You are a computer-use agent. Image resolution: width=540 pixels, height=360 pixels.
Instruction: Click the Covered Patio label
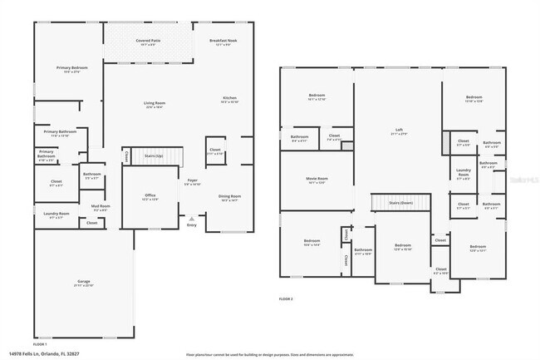coord(148,40)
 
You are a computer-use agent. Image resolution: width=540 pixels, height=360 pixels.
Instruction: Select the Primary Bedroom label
coord(73,68)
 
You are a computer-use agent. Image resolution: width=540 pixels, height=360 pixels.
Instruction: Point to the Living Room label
coord(155,103)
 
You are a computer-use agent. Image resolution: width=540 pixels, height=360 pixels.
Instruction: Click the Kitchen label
coord(229,98)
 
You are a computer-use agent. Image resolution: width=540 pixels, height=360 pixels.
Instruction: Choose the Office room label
coord(150,196)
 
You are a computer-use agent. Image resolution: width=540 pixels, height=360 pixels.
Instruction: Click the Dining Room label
coord(229,197)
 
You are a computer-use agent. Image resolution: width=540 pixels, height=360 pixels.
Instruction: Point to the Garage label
coord(83,284)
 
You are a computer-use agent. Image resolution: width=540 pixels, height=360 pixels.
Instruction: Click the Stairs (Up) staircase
coord(154,155)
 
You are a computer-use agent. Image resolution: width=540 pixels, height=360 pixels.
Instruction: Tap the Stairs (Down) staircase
coord(400,203)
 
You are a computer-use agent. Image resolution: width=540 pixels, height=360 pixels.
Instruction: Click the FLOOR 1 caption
coord(40,343)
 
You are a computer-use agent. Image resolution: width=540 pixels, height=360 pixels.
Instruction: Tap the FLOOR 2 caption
coord(286,298)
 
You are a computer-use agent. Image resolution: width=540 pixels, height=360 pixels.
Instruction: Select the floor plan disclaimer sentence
coord(269,353)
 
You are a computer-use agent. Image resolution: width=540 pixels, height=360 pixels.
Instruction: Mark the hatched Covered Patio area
coord(148,52)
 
